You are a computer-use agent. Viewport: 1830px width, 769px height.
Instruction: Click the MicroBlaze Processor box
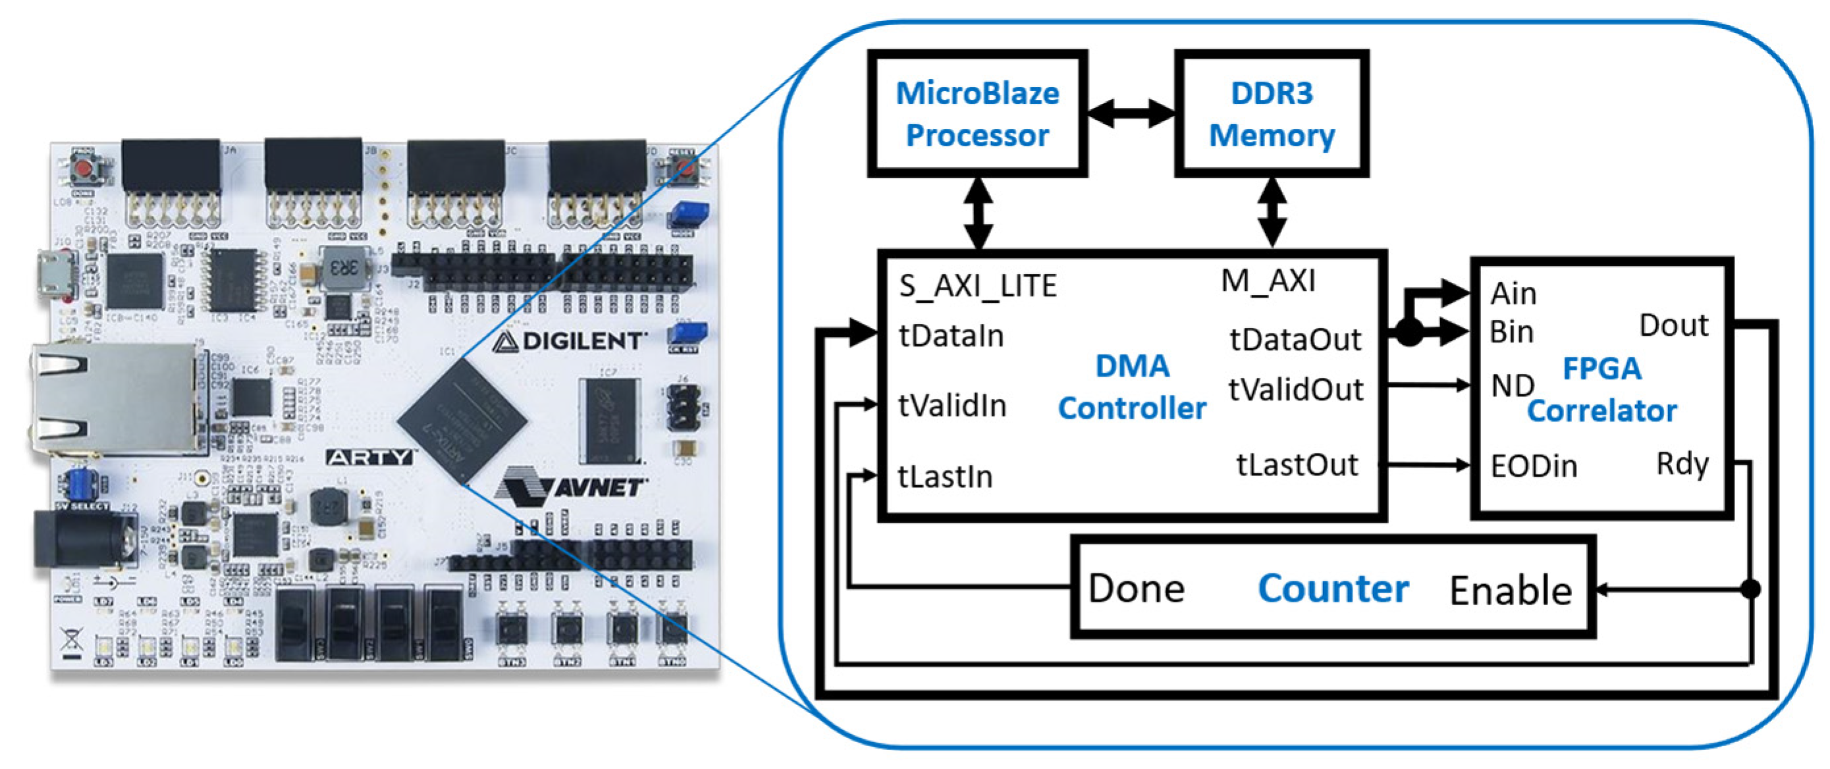[x=977, y=114]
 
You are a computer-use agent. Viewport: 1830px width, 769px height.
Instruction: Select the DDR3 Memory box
[x=1271, y=114]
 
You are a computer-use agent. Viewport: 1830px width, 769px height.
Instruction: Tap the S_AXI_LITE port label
[x=977, y=286]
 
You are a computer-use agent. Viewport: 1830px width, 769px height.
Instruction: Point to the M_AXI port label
[x=1268, y=280]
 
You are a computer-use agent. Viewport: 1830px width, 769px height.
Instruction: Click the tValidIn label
[x=952, y=406]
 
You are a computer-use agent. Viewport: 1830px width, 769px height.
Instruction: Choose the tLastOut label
[x=1297, y=465]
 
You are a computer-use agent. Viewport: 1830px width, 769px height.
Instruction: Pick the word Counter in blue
[x=1333, y=589]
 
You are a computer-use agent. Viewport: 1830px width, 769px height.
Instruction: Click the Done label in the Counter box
[x=1136, y=589]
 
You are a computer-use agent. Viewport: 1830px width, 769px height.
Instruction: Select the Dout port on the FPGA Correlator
[x=1673, y=325]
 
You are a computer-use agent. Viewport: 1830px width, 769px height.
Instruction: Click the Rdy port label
[x=1682, y=464]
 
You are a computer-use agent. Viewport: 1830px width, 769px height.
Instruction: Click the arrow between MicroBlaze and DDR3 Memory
[x=1131, y=114]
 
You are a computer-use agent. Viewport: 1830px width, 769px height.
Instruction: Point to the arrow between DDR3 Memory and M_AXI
[x=1272, y=211]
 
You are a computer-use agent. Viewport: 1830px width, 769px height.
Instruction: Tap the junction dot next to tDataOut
[x=1409, y=332]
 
